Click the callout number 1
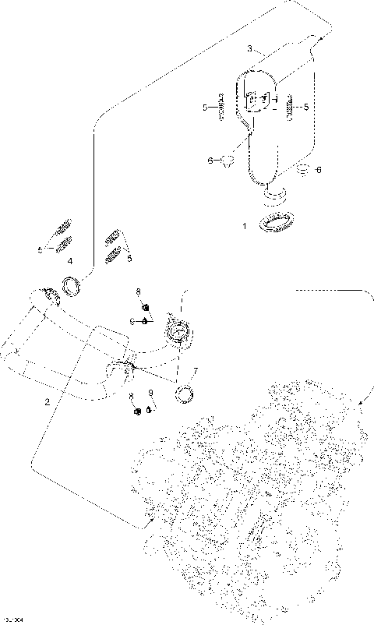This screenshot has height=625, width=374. coord(244,226)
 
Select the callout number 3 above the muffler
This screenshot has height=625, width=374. coord(249,48)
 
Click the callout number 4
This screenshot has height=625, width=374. coord(70,261)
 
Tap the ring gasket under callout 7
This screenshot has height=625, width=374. coord(185,394)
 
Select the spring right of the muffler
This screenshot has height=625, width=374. coord(291,108)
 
